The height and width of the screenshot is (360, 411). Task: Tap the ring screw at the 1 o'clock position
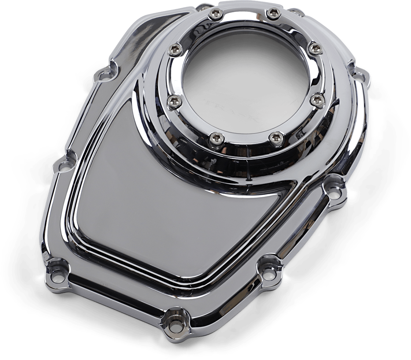(x=272, y=13)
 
